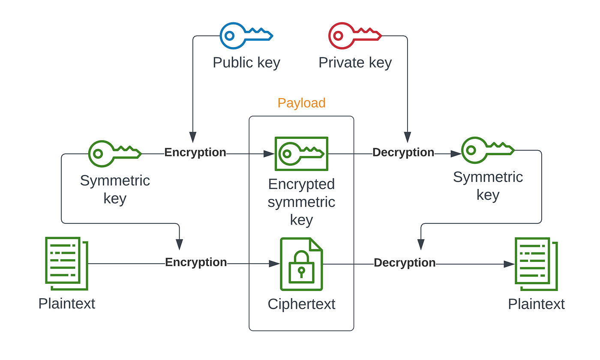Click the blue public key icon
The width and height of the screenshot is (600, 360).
[246, 35]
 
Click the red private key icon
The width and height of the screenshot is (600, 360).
[354, 35]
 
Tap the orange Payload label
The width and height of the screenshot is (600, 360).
[301, 103]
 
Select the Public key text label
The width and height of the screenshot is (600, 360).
[246, 63]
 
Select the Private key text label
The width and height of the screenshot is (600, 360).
[355, 63]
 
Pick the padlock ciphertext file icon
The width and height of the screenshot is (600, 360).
[301, 264]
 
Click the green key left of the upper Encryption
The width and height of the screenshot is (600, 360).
[114, 153]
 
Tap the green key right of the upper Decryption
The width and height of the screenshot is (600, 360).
[487, 150]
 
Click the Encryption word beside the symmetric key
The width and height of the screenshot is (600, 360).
[195, 152]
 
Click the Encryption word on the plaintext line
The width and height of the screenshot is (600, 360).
[196, 262]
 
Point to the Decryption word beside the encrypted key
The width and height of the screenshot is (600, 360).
[403, 152]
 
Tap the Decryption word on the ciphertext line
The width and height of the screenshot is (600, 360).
[405, 263]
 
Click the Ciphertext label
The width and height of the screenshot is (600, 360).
[301, 304]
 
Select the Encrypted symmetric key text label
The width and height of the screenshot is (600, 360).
[301, 202]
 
